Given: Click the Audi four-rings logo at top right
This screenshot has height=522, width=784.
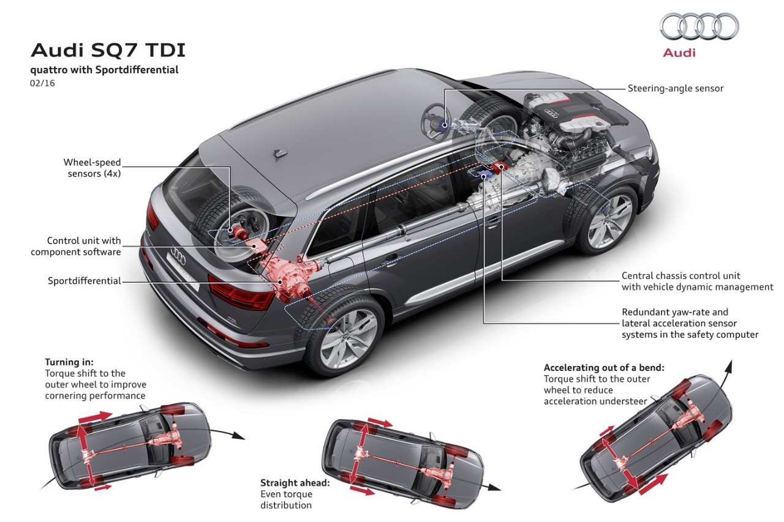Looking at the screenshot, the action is [699, 26].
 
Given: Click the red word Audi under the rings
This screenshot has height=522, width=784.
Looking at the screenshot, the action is [679, 53].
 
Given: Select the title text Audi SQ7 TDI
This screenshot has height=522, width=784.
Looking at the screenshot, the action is [108, 50].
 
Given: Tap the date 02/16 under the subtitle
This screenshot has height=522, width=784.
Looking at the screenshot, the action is [42, 83].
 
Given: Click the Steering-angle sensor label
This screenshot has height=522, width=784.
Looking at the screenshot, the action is [675, 88].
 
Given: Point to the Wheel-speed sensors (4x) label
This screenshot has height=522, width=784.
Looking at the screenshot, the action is [92, 168].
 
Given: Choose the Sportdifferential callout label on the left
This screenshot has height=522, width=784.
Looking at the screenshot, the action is [85, 281].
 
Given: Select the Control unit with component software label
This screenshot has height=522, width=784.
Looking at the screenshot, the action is [76, 246].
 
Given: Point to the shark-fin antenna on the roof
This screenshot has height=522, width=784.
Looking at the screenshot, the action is [281, 152].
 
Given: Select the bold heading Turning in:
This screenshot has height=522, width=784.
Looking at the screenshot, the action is [69, 362].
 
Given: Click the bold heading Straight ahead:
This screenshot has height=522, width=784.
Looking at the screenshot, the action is [295, 483].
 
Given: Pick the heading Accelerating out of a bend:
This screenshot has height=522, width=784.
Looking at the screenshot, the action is [604, 367].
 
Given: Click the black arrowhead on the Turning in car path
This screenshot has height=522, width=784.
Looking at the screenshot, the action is [238, 436].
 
